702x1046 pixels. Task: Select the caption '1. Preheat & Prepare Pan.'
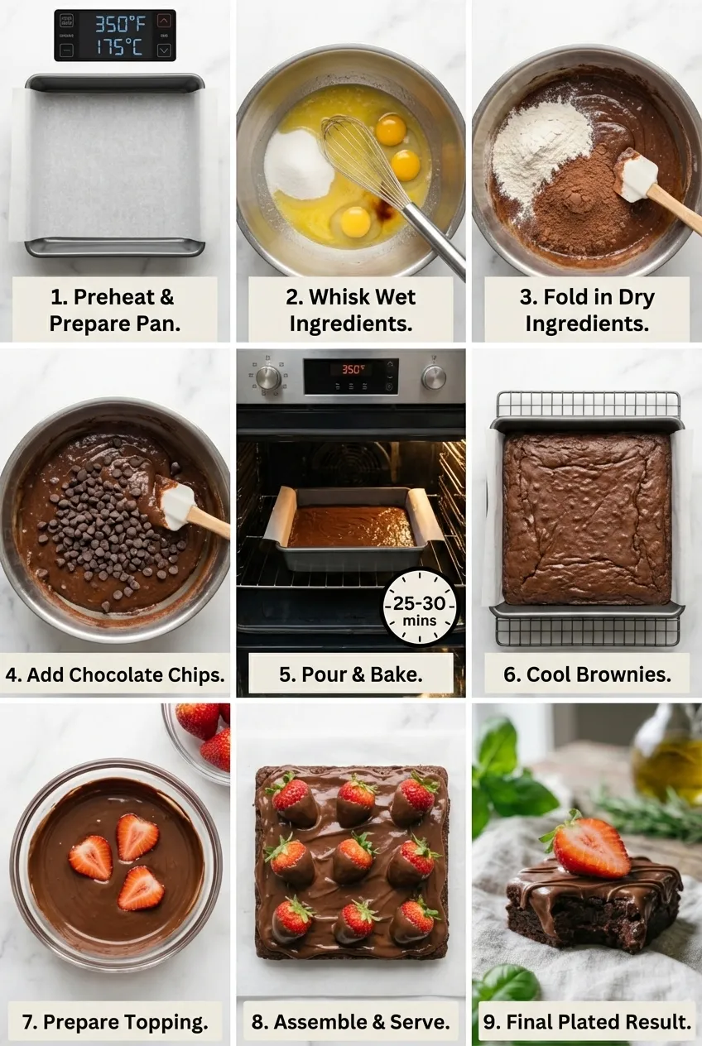click(114, 309)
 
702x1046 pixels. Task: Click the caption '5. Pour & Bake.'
click(351, 674)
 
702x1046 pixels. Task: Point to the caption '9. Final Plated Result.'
click(587, 1022)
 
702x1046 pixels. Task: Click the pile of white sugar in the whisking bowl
click(298, 164)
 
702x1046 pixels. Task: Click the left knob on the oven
click(267, 377)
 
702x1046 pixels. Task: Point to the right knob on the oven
click(433, 377)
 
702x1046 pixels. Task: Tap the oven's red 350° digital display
click(351, 369)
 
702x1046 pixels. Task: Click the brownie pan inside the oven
click(351, 528)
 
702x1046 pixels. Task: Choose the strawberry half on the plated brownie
click(589, 847)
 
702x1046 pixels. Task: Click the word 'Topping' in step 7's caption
click(166, 1022)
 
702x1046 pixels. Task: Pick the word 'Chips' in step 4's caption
click(195, 674)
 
